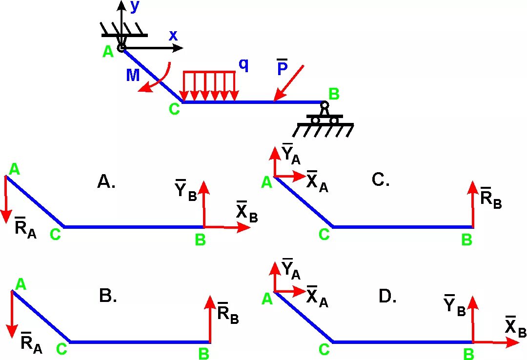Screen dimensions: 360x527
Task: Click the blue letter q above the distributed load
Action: point(243,65)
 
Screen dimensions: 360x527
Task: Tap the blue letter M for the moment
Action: point(133,75)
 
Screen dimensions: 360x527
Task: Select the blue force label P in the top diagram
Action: point(282,69)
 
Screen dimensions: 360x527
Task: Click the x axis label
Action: point(173,36)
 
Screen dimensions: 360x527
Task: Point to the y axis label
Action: point(135,6)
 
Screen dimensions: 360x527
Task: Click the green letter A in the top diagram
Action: point(108,52)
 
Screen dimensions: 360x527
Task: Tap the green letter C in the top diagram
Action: point(174,109)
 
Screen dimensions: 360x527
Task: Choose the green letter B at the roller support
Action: point(334,94)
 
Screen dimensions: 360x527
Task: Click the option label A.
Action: point(106,182)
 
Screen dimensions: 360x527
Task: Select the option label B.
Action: point(108,296)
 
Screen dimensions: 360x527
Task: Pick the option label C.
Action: point(381,180)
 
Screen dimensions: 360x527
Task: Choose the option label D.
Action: point(387,296)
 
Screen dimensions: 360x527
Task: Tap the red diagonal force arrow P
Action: point(289,83)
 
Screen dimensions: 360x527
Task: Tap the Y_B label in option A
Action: point(185,190)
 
